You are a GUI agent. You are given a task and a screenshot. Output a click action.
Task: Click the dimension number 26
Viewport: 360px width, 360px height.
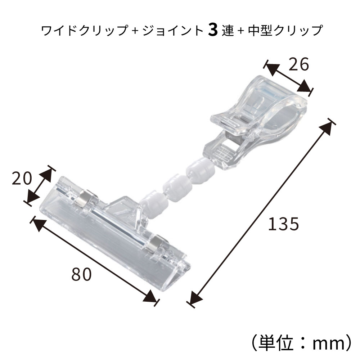point(299,65)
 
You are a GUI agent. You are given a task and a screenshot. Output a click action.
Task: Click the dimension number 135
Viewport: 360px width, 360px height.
point(283,224)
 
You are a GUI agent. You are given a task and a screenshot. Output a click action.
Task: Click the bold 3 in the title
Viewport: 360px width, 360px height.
point(213,31)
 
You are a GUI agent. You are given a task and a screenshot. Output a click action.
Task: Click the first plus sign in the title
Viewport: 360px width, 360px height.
point(135,31)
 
